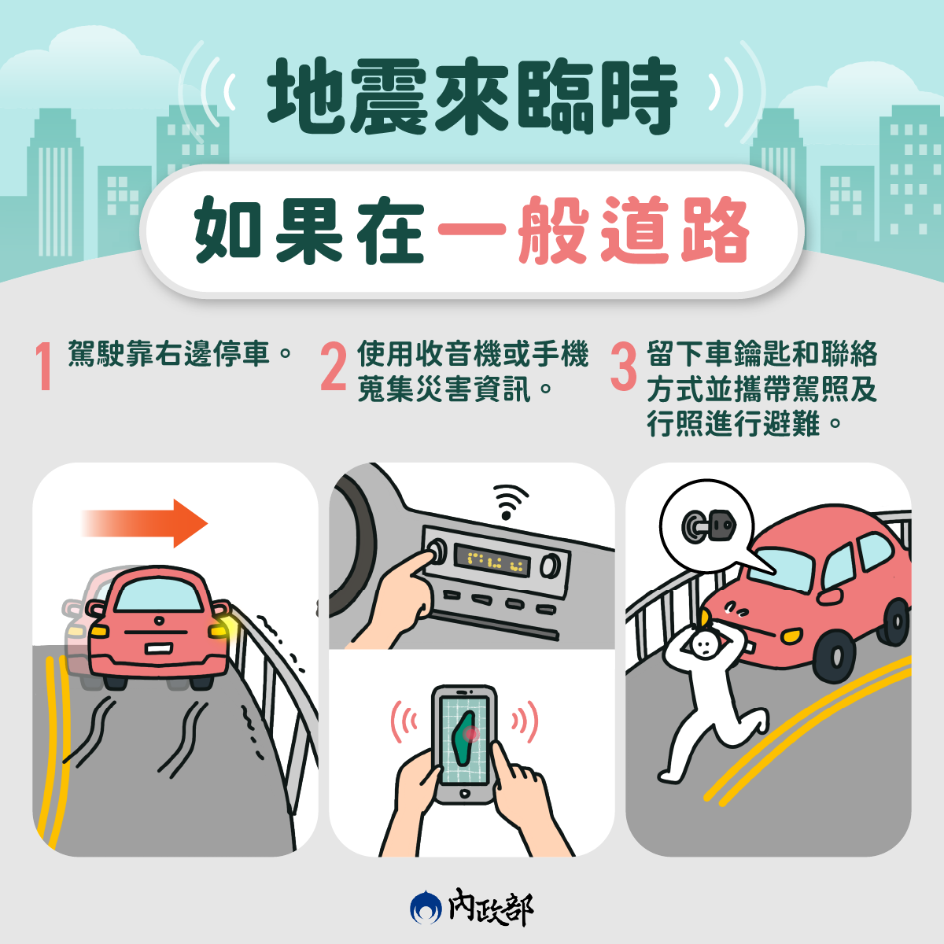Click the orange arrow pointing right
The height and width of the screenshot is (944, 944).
[x=145, y=523]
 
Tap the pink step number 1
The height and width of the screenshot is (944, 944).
[x=45, y=366]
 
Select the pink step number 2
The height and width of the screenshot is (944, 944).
[x=333, y=366]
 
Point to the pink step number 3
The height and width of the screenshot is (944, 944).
[x=624, y=366]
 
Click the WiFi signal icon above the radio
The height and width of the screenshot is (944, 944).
[x=509, y=502]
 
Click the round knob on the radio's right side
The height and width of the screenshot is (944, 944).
[x=550, y=566]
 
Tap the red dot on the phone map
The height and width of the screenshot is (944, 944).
[x=471, y=733]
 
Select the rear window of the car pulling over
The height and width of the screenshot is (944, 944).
[x=158, y=596]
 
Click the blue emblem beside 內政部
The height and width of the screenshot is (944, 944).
[x=426, y=908]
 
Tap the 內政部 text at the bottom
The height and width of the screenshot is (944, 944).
[x=491, y=907]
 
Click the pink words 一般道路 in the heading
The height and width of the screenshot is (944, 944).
[x=592, y=230]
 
